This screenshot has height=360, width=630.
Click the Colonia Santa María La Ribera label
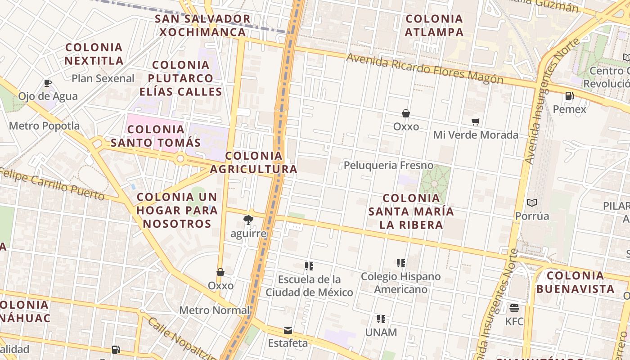pos(411,211)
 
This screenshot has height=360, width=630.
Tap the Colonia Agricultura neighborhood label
pos(254,162)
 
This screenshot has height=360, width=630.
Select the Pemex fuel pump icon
pos(569,96)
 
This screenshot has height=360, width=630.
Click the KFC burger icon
pos(514,308)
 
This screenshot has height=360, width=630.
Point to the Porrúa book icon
pos(532,203)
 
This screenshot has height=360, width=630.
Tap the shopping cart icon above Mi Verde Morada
pos(475,121)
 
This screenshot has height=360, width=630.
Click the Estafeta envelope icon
pos(288,330)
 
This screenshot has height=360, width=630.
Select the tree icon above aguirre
pos(248,220)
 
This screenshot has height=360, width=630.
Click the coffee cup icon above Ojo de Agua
pos(48,83)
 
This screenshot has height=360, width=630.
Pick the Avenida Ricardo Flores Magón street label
pos(425,69)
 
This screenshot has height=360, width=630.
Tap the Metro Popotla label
pos(44,126)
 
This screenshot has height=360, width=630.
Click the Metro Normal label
pos(214,310)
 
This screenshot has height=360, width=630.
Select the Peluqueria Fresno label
pos(388,165)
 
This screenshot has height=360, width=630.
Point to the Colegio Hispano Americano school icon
pos(400,263)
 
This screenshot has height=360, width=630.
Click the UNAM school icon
pos(381,319)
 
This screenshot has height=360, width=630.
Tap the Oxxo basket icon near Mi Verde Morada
pos(406,113)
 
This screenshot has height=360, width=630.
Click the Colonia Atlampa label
pos(434,25)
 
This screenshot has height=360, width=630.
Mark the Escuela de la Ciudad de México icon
pos(309,266)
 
